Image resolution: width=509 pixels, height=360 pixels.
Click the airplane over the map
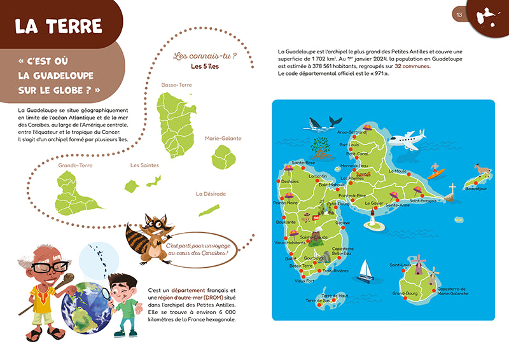coord(405,138)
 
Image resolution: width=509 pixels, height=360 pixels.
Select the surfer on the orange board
coord(435,170)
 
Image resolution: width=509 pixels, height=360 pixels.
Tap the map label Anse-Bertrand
coord(351,132)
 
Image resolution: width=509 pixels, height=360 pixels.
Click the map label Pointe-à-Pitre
coord(351,195)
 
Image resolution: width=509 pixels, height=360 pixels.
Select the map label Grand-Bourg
coord(405,293)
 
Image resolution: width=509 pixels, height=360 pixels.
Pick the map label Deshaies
coord(289,181)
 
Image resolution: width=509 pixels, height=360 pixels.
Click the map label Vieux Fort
coord(304,280)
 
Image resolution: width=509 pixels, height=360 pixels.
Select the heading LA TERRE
coord(59,25)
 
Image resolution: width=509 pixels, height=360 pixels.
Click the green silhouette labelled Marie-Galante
coord(223,156)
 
